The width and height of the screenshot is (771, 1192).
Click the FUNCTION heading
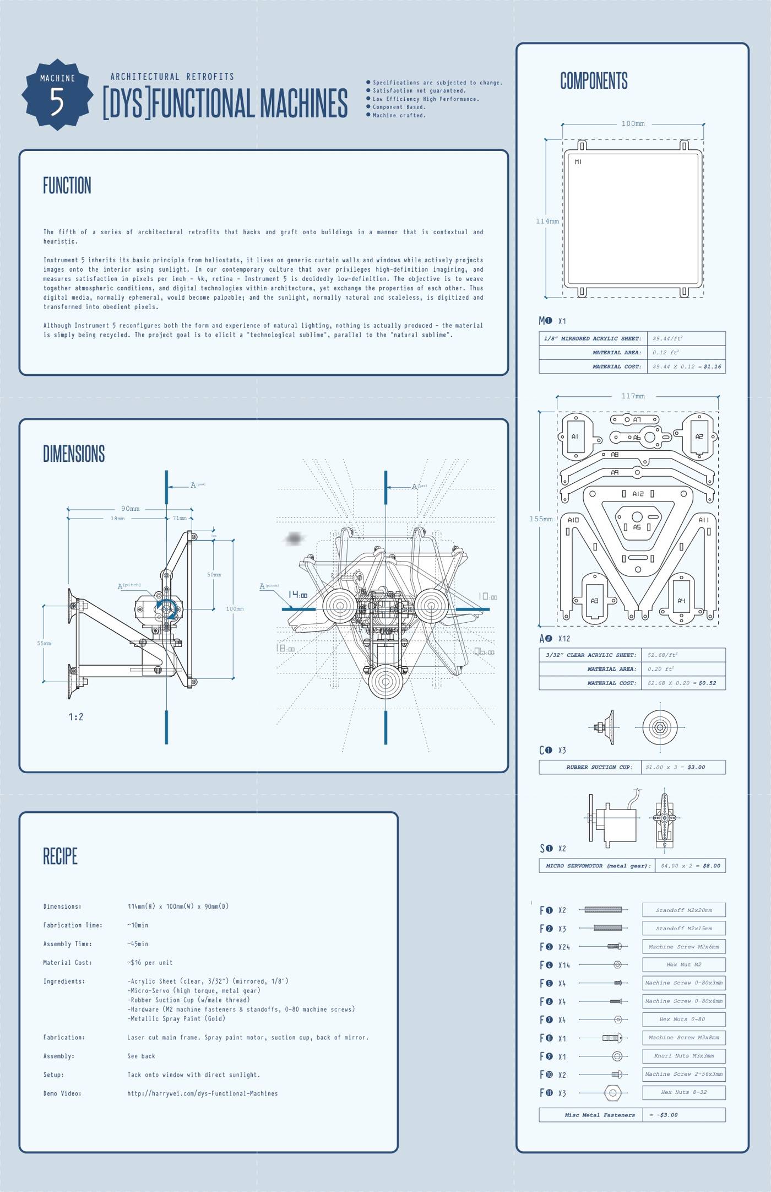[67, 186]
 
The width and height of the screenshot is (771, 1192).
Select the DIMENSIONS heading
[74, 454]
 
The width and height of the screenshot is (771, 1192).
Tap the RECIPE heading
[60, 856]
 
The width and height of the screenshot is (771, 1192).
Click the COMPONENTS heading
[594, 80]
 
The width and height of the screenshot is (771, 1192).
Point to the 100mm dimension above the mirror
[633, 123]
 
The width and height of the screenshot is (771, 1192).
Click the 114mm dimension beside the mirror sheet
[547, 221]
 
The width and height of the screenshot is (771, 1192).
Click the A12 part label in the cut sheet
[638, 494]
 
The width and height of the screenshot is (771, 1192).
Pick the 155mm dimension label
[541, 519]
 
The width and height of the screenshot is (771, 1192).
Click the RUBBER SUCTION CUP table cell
[590, 767]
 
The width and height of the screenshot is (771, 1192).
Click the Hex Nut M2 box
[683, 964]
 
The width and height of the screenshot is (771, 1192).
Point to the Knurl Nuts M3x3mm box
[683, 1056]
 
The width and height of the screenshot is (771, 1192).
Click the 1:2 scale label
[76, 716]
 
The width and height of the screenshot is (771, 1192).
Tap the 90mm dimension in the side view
[131, 509]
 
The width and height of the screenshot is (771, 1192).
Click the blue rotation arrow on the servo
[166, 608]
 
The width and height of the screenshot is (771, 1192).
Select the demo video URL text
[202, 1093]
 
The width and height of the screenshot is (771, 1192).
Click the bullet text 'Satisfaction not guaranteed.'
[419, 91]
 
